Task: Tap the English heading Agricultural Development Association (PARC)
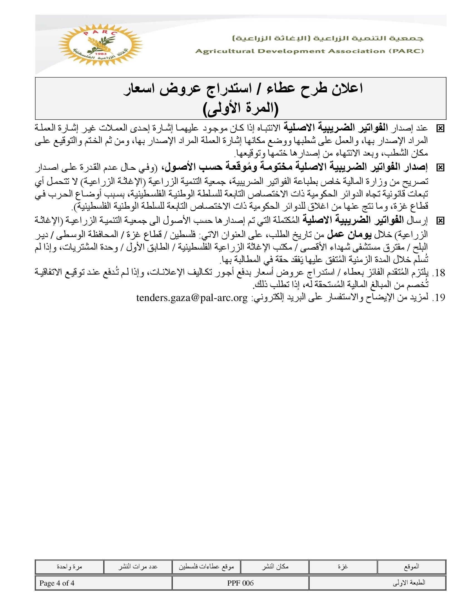[309, 51]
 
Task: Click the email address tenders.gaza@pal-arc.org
[192, 297]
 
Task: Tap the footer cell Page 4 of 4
[57, 583]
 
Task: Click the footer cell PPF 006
[240, 583]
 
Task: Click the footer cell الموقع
[412, 567]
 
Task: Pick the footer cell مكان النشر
[275, 567]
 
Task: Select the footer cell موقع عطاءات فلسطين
[206, 567]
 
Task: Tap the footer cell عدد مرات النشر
[137, 567]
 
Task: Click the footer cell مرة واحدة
[69, 567]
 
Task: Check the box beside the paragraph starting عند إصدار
[440, 129]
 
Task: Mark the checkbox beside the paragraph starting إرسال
[440, 221]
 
